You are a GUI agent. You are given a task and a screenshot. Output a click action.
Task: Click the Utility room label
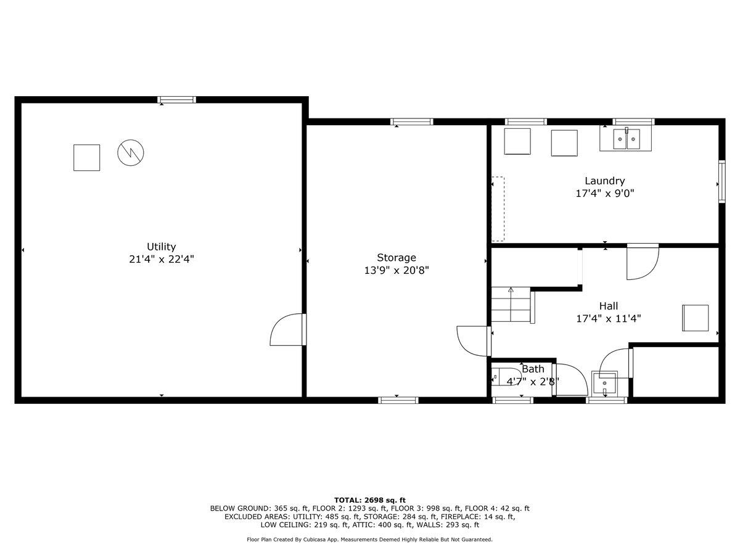(x=161, y=247)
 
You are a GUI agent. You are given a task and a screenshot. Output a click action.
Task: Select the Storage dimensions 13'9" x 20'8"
(x=397, y=270)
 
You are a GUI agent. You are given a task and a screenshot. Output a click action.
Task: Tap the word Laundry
(x=604, y=181)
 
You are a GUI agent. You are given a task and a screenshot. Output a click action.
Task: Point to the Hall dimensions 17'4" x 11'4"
(x=608, y=319)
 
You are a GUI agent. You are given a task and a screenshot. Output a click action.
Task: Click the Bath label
(x=533, y=369)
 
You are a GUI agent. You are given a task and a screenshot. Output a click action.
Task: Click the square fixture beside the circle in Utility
(x=86, y=157)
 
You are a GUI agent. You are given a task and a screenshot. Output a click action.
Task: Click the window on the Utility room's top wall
(x=176, y=99)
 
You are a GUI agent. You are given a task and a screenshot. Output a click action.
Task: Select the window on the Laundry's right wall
(x=721, y=181)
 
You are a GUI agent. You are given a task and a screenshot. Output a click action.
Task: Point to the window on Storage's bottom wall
(x=398, y=400)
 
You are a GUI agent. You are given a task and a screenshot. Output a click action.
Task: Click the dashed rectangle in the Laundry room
(x=498, y=209)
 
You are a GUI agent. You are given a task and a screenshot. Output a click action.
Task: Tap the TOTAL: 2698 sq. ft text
(x=369, y=500)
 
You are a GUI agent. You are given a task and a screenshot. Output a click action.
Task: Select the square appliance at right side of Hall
(x=695, y=318)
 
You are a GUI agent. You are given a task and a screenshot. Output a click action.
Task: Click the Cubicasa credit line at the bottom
(x=369, y=540)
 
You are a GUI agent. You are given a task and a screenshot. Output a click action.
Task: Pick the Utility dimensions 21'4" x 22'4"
(x=161, y=260)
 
